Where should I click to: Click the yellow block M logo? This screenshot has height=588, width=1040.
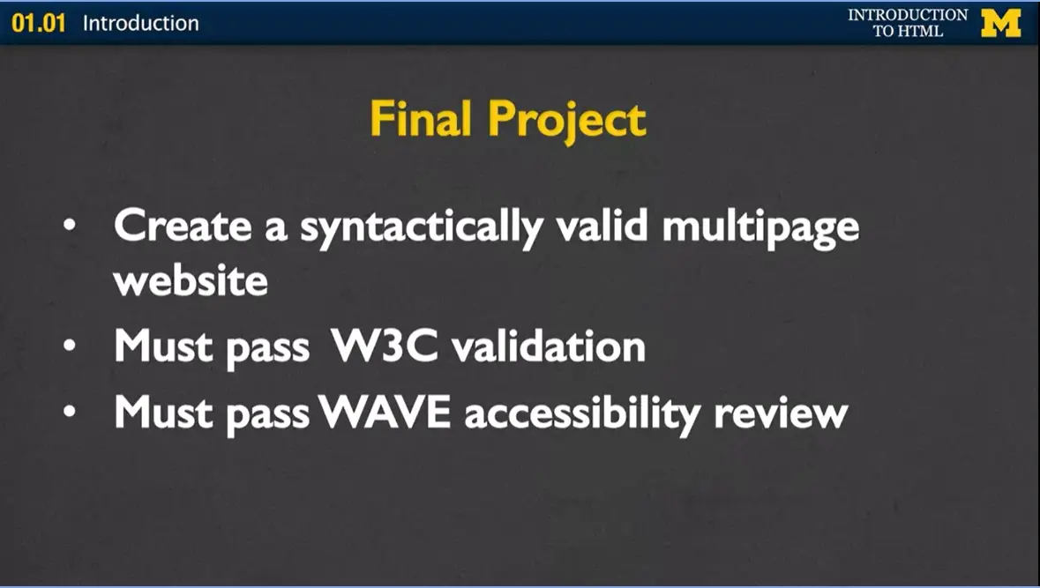tap(1000, 23)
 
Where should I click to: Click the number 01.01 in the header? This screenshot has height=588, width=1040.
tap(39, 23)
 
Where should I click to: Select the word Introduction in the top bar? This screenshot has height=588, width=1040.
tap(140, 23)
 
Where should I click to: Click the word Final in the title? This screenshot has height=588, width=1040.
tap(422, 119)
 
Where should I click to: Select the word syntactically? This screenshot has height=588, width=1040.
tap(421, 228)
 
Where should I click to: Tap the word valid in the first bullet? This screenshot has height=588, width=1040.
tap(602, 227)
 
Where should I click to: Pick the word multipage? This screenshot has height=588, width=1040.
tap(759, 228)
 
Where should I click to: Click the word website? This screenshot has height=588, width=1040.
tap(191, 281)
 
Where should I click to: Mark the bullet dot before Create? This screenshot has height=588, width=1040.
tap(70, 227)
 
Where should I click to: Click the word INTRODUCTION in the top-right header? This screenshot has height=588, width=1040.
tap(908, 15)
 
